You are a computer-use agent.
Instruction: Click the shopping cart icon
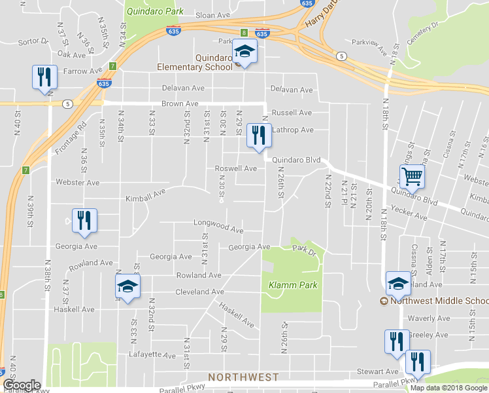[413, 176]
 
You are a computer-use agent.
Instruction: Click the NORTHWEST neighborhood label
[243, 377]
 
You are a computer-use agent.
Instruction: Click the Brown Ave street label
[180, 103]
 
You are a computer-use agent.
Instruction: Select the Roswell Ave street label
[236, 168]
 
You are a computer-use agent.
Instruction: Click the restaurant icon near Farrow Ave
[44, 77]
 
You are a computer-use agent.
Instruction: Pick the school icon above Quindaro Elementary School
[245, 52]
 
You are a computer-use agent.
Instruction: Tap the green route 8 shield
[243, 32]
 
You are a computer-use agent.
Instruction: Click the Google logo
[22, 385]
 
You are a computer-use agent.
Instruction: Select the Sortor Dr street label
[34, 41]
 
